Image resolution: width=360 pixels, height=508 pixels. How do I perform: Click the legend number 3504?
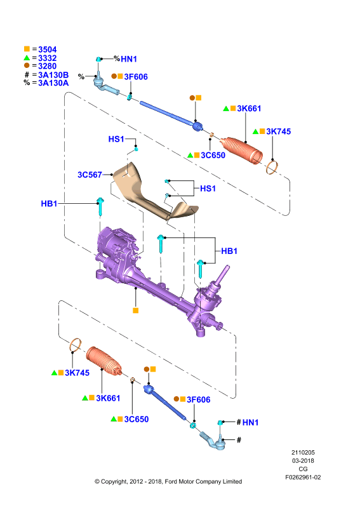48,50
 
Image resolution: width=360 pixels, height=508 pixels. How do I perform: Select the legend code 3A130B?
53,75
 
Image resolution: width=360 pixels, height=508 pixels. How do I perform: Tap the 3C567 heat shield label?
90,175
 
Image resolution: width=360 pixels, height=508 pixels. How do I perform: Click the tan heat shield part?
152,194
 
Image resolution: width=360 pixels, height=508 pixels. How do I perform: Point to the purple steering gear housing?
156,282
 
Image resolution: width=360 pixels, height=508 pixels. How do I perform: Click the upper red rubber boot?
241,150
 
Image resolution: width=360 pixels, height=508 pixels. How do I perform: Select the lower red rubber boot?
103,361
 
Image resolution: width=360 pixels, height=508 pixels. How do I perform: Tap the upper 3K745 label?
278,131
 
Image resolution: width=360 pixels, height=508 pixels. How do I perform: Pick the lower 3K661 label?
108,398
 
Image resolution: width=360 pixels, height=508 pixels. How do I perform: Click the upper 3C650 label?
213,156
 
